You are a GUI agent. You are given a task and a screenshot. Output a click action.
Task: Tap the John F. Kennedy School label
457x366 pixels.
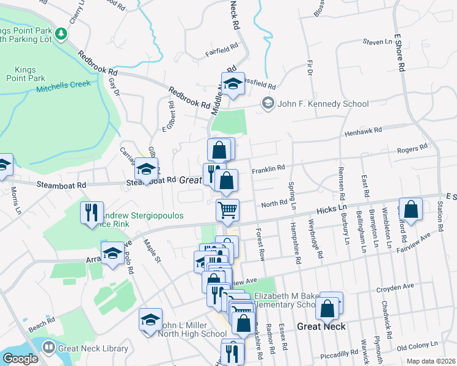[323, 104]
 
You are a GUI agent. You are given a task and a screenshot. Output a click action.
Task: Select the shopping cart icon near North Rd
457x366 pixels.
[227, 210]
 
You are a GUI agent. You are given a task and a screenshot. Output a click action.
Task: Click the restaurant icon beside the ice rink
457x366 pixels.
[92, 212]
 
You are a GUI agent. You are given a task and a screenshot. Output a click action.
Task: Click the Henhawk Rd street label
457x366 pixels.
[363, 130]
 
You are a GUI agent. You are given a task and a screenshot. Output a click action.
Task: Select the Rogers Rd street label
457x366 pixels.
[412, 149]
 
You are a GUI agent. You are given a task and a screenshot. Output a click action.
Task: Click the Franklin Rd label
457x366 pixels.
[268, 168]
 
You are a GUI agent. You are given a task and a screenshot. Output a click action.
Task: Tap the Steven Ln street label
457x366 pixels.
[376, 42]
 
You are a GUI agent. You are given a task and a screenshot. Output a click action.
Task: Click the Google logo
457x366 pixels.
[20, 359]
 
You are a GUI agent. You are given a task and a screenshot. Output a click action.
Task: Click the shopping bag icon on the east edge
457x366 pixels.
[412, 209]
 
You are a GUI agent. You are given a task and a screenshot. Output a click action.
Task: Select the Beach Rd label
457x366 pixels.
[37, 327]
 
